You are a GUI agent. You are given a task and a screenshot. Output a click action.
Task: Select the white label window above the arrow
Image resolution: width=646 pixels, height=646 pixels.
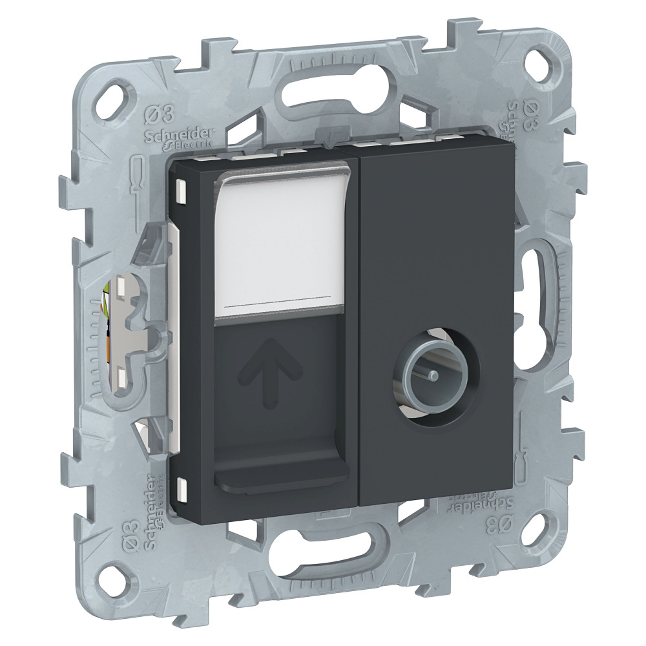tap(284, 245)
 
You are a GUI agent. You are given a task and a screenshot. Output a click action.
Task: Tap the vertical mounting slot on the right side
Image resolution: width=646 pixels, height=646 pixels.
tap(535, 285)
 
